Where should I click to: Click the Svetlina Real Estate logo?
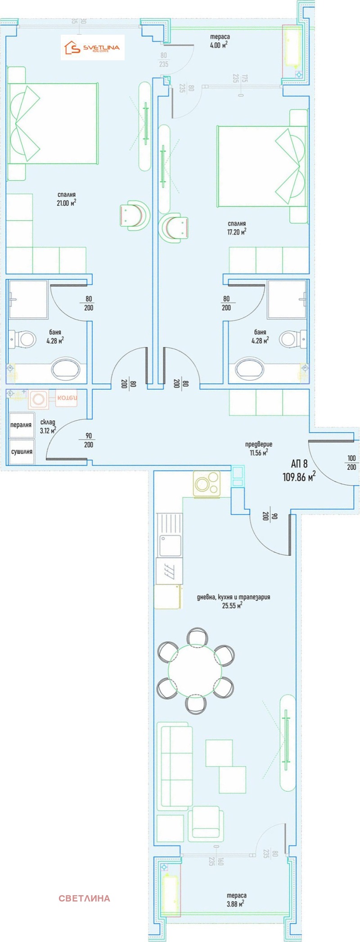click(93, 48)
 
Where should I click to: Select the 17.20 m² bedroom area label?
click(237, 228)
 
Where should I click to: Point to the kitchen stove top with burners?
click(207, 484)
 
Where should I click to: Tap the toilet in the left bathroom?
click(23, 339)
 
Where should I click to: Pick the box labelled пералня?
click(21, 424)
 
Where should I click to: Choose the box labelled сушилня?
click(21, 451)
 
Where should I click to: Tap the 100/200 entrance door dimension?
click(351, 463)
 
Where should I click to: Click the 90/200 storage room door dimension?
click(89, 440)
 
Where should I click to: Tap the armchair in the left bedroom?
click(134, 215)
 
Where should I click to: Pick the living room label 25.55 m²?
click(233, 601)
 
